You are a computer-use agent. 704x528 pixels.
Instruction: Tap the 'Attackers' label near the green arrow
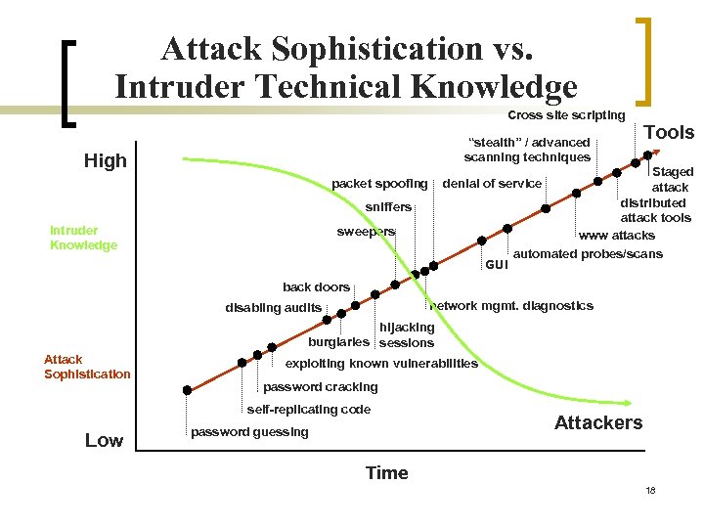pyautogui.click(x=598, y=422)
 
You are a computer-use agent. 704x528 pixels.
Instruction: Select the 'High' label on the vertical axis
pyautogui.click(x=106, y=161)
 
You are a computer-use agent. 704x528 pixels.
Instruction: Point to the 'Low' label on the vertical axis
pyautogui.click(x=104, y=440)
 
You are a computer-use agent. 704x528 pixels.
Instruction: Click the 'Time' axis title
pyautogui.click(x=386, y=473)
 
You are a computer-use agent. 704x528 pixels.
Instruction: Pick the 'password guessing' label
pyautogui.click(x=249, y=431)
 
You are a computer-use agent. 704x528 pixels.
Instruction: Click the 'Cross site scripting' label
pyautogui.click(x=566, y=115)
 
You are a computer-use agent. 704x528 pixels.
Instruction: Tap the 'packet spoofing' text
pyautogui.click(x=379, y=183)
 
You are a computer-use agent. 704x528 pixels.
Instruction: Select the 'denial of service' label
pyautogui.click(x=492, y=183)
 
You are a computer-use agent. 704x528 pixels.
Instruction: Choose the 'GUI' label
pyautogui.click(x=497, y=264)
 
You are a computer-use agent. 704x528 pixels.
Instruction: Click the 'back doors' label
pyautogui.click(x=316, y=286)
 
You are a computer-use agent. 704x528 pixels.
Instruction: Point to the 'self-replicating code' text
pyautogui.click(x=309, y=409)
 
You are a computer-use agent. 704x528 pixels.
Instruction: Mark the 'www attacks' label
pyautogui.click(x=616, y=236)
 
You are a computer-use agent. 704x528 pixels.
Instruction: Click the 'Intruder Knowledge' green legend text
pyautogui.click(x=83, y=238)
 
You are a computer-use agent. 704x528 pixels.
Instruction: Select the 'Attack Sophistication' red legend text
pyautogui.click(x=87, y=367)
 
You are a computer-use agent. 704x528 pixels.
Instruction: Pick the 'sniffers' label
pyautogui.click(x=388, y=207)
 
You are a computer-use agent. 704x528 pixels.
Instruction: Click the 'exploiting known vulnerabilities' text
pyautogui.click(x=381, y=363)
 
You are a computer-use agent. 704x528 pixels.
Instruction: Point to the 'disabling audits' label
pyautogui.click(x=273, y=308)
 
